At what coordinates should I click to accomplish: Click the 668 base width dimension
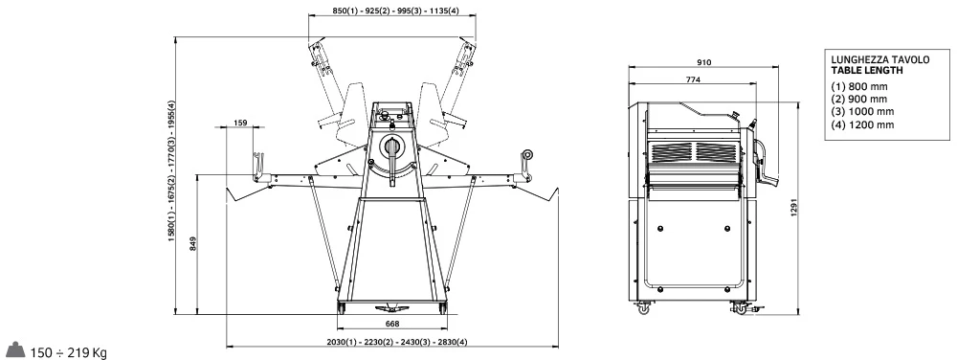point(393,324)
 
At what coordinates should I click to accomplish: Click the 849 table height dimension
point(192,244)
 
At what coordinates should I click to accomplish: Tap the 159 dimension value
point(240,123)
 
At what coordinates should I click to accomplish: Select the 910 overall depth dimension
point(703,61)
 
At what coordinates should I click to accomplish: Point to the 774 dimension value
point(693,79)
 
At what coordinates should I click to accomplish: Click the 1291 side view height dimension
point(794,209)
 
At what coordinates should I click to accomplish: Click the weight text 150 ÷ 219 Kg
point(68,352)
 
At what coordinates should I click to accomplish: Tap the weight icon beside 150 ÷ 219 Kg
point(15,349)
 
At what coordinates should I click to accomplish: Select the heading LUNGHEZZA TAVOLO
point(880,59)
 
